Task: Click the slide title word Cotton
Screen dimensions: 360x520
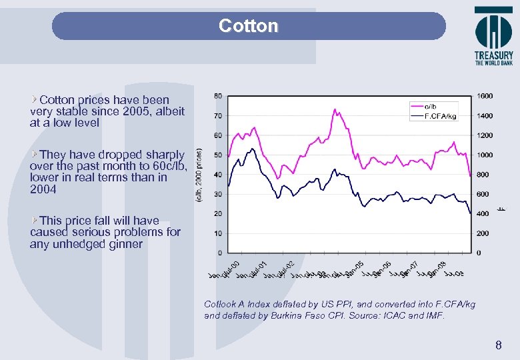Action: (249, 26)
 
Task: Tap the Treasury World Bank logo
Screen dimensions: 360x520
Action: (493, 36)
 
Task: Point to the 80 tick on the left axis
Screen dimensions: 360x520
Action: (218, 96)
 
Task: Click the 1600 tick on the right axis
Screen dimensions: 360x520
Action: (485, 96)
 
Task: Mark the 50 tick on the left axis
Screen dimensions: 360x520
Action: (218, 155)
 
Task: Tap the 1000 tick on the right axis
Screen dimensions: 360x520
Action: (485, 155)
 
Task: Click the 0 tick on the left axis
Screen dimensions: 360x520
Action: (220, 253)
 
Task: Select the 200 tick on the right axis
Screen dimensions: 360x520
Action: (483, 233)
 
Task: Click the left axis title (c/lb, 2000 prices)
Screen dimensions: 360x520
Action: (199, 175)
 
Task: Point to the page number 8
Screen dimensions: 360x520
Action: (498, 345)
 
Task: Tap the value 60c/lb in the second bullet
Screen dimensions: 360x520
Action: (173, 166)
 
